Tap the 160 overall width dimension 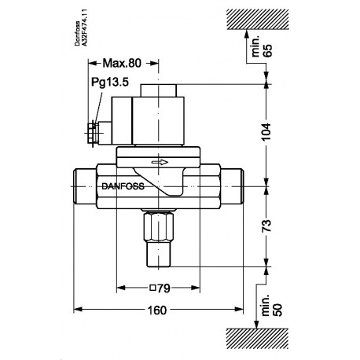[x=156, y=310]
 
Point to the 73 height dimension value [x=268, y=226]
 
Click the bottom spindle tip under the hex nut [x=160, y=257]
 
